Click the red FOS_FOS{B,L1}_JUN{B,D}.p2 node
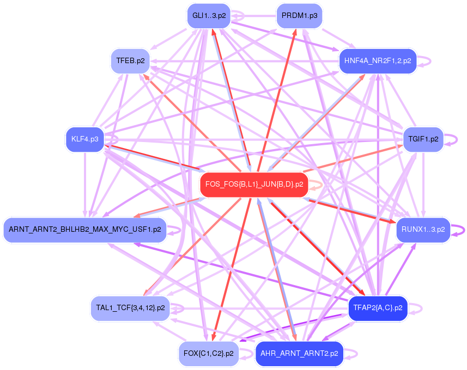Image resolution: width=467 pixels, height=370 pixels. (254, 185)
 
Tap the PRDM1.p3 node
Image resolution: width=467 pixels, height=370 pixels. (299, 16)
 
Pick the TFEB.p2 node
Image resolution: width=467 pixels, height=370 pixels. (130, 60)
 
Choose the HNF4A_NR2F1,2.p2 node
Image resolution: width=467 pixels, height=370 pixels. (378, 60)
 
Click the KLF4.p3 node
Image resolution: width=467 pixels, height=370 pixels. (84, 139)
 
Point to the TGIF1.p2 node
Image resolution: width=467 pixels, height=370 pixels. (423, 139)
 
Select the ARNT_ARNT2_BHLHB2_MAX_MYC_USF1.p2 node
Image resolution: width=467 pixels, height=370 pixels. (84, 230)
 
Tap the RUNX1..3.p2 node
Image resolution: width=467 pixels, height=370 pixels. (423, 230)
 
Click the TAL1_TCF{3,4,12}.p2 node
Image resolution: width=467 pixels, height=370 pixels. (130, 308)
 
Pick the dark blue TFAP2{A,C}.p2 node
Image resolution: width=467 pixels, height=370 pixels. (378, 308)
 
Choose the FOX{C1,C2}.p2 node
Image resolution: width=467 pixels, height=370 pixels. (208, 354)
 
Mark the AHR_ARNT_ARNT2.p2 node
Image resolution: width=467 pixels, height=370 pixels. (299, 354)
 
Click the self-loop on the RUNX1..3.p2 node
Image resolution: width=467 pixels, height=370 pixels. (464, 230)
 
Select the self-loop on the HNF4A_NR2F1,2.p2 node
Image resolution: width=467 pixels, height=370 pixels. (430, 60)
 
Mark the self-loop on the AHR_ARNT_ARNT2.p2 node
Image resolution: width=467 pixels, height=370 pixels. (356, 354)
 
